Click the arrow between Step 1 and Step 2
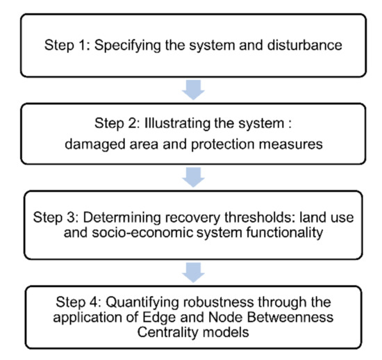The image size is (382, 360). click(x=195, y=90)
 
